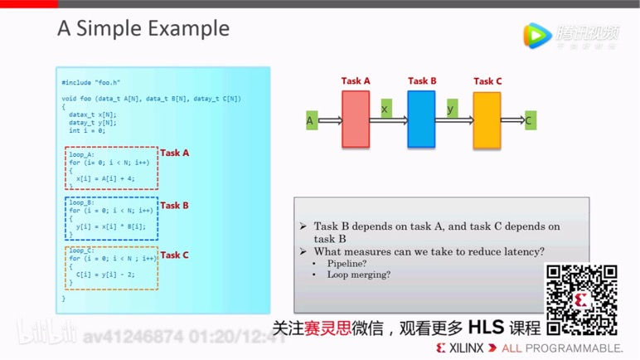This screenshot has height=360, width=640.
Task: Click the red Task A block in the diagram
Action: [x=356, y=119]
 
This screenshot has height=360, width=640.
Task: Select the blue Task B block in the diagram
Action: [x=421, y=119]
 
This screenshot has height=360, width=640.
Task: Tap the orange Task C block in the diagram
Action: [x=487, y=119]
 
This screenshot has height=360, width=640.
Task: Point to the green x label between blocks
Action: [x=385, y=109]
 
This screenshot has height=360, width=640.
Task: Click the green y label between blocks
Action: [x=451, y=109]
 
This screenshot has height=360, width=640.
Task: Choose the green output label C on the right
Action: [x=528, y=121]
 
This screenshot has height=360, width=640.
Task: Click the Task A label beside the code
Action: [x=174, y=153]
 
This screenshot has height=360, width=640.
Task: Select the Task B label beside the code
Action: [x=174, y=205]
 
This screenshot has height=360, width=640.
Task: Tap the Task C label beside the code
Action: [x=174, y=255]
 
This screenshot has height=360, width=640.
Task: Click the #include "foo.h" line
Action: [x=91, y=83]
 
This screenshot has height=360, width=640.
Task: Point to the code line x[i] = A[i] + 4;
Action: [x=105, y=178]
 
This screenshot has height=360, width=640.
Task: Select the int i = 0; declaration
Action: [x=87, y=130]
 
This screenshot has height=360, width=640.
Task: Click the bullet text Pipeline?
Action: [x=347, y=263]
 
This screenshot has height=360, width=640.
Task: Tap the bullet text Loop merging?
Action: [x=358, y=275]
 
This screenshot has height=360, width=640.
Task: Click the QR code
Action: [x=580, y=299]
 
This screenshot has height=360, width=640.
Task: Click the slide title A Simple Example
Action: [x=143, y=29]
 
